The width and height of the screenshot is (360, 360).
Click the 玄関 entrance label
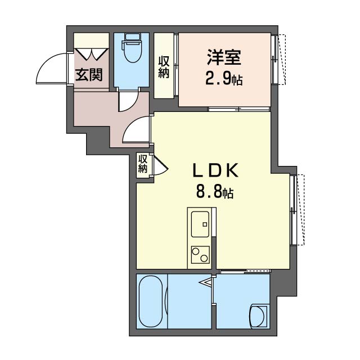pyautogui.click(x=89, y=75)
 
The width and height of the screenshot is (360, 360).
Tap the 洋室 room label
pyautogui.click(x=224, y=57)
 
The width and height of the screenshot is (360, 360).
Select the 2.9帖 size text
pyautogui.click(x=224, y=79)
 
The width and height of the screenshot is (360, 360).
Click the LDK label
pyautogui.click(x=215, y=170)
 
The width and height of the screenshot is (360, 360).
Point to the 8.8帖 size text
pyautogui.click(x=215, y=192)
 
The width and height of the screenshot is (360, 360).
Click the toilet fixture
pyautogui.click(x=132, y=48)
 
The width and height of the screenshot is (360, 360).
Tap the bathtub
pyautogui.click(x=151, y=301)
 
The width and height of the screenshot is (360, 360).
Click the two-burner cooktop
pyautogui.click(x=200, y=254)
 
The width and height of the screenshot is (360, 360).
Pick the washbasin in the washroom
pyautogui.click(x=259, y=317)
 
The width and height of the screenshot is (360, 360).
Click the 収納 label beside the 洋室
pyautogui.click(x=164, y=67)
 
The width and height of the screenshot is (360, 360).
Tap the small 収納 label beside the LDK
pyautogui.click(x=142, y=164)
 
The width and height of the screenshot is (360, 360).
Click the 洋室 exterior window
pyautogui.click(x=278, y=59)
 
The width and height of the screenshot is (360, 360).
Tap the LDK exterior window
pyautogui.click(x=297, y=210)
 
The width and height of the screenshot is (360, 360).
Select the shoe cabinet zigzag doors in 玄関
pyautogui.click(x=92, y=55)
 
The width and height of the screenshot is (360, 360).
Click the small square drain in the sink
pyautogui.click(x=205, y=224)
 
